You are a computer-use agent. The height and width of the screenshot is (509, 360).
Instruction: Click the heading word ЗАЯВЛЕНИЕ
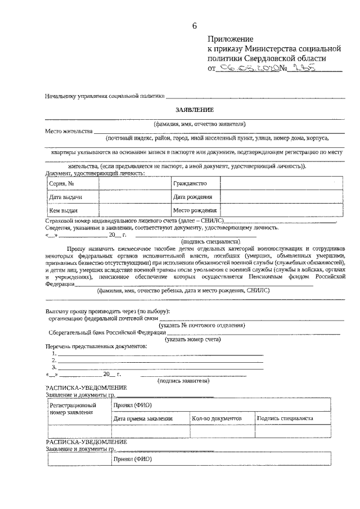click(x=192, y=109)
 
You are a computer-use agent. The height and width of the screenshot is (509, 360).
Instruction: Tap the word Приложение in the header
click(x=231, y=39)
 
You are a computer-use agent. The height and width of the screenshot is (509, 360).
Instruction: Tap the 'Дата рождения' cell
click(x=192, y=197)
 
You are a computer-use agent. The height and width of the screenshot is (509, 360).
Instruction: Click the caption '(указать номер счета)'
click(x=192, y=339)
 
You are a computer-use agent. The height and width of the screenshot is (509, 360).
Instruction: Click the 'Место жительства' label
click(x=69, y=131)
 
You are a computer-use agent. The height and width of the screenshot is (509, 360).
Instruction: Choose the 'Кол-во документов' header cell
click(x=217, y=419)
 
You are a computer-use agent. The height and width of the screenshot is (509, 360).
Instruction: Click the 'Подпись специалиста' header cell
click(x=285, y=419)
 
